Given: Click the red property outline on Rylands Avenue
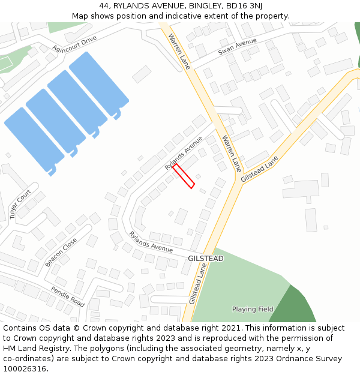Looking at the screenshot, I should tap(184, 176).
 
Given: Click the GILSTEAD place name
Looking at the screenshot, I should tap(205, 259).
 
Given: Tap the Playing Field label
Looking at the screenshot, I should tap(253, 310).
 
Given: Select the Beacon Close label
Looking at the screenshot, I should tap(61, 252).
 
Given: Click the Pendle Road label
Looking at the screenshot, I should tap(67, 296).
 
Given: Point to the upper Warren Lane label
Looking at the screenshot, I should tap(179, 51).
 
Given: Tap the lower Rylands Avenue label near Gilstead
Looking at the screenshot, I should tap(151, 241).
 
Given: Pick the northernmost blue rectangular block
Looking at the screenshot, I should tap(98, 83).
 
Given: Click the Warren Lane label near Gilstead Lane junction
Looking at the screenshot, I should tap(231, 152).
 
